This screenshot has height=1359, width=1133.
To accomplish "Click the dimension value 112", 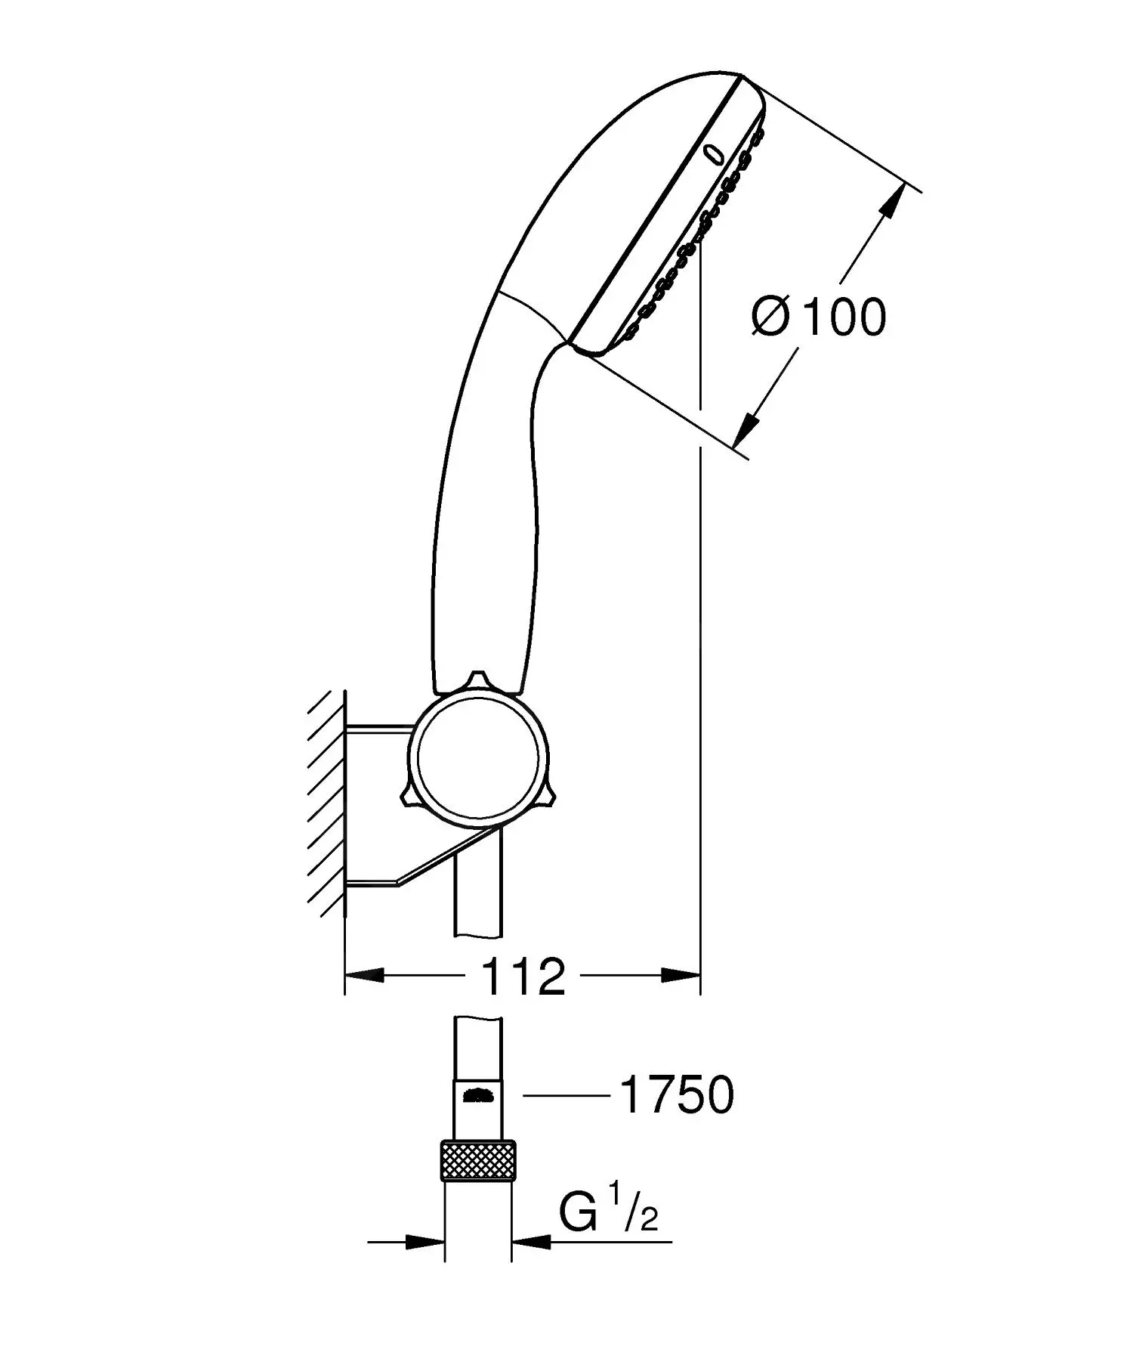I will (523, 977).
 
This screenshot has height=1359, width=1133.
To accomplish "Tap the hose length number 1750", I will (676, 1094).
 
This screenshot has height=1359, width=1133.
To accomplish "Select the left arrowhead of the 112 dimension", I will (365, 976).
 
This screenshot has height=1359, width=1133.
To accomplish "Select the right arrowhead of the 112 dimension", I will (681, 976).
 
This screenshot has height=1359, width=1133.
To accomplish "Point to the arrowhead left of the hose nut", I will (424, 1241).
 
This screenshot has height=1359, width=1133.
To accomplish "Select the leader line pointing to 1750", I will (566, 1094).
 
